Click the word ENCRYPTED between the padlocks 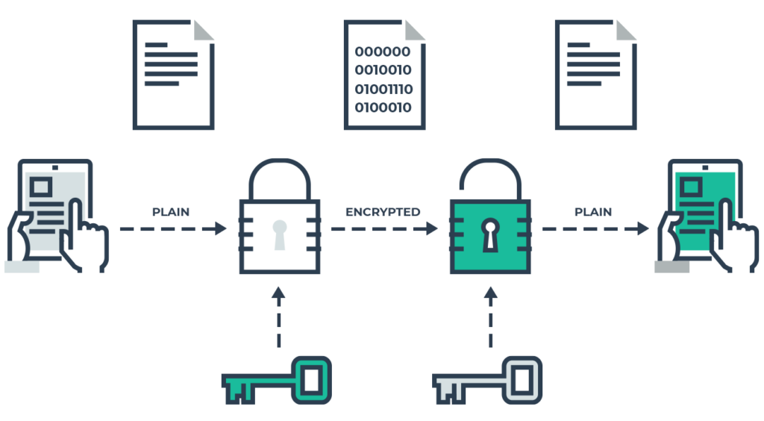pos(383,212)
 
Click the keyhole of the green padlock pos(490,233)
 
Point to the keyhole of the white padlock pos(279,233)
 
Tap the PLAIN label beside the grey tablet pos(171,212)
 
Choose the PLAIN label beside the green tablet pos(593,212)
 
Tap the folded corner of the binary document pos(415,31)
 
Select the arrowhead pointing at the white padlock pos(221,228)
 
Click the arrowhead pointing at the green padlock pos(432,228)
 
